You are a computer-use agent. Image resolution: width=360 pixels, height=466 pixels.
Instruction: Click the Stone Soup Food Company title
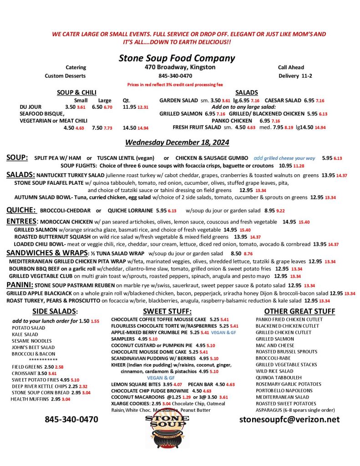click(x=177, y=58)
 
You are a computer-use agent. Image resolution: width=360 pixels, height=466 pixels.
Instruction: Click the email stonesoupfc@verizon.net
click(x=289, y=419)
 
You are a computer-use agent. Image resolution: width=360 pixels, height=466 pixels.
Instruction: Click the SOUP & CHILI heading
click(x=76, y=92)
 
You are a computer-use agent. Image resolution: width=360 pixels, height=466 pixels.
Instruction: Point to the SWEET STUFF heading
click(x=167, y=311)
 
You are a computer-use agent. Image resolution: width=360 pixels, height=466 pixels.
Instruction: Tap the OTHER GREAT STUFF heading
click(x=299, y=311)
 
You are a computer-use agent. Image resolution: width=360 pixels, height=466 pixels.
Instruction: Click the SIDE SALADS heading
click(x=55, y=311)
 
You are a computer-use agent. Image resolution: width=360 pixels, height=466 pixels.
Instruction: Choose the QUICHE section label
click(x=21, y=210)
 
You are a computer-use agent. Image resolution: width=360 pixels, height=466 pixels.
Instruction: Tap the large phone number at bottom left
click(x=71, y=419)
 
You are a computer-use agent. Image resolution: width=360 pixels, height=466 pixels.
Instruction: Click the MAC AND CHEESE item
click(x=275, y=345)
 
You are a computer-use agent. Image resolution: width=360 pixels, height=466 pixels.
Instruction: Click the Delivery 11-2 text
click(x=295, y=76)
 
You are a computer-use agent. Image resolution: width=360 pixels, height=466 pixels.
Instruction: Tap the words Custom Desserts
click(x=65, y=76)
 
